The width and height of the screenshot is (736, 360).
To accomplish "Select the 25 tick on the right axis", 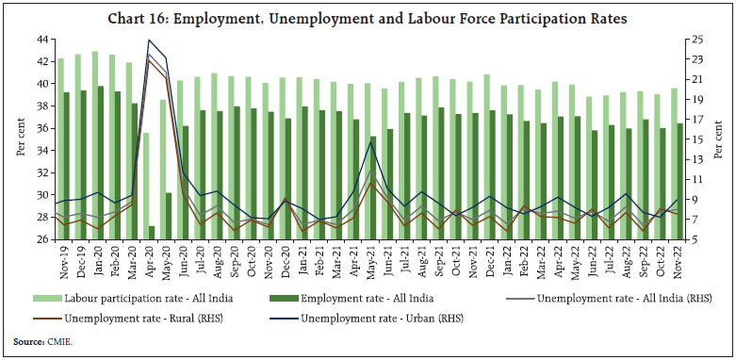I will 695,39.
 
